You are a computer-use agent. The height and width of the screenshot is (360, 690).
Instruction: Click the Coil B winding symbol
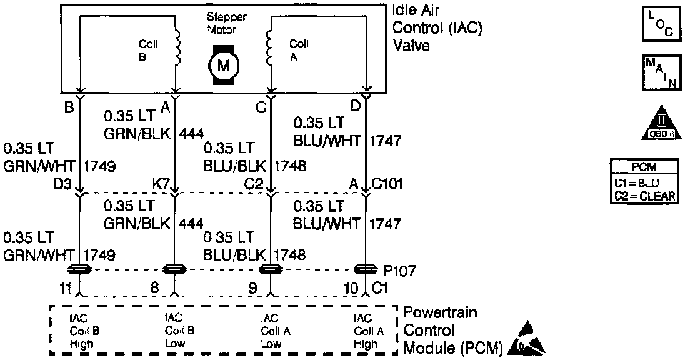[x=178, y=47]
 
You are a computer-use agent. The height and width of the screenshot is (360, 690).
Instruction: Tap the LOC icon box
[x=661, y=23]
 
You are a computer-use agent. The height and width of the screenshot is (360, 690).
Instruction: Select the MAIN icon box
[x=660, y=74]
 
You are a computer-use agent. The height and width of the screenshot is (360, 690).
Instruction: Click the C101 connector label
[x=388, y=184]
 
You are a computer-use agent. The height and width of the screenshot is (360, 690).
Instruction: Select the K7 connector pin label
[x=162, y=185]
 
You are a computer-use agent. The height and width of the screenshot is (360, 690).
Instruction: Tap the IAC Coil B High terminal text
[x=82, y=331]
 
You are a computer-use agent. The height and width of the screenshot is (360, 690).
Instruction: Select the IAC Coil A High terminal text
[x=367, y=331]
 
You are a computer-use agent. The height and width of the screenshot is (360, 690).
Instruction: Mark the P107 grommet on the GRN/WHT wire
[x=81, y=270]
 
